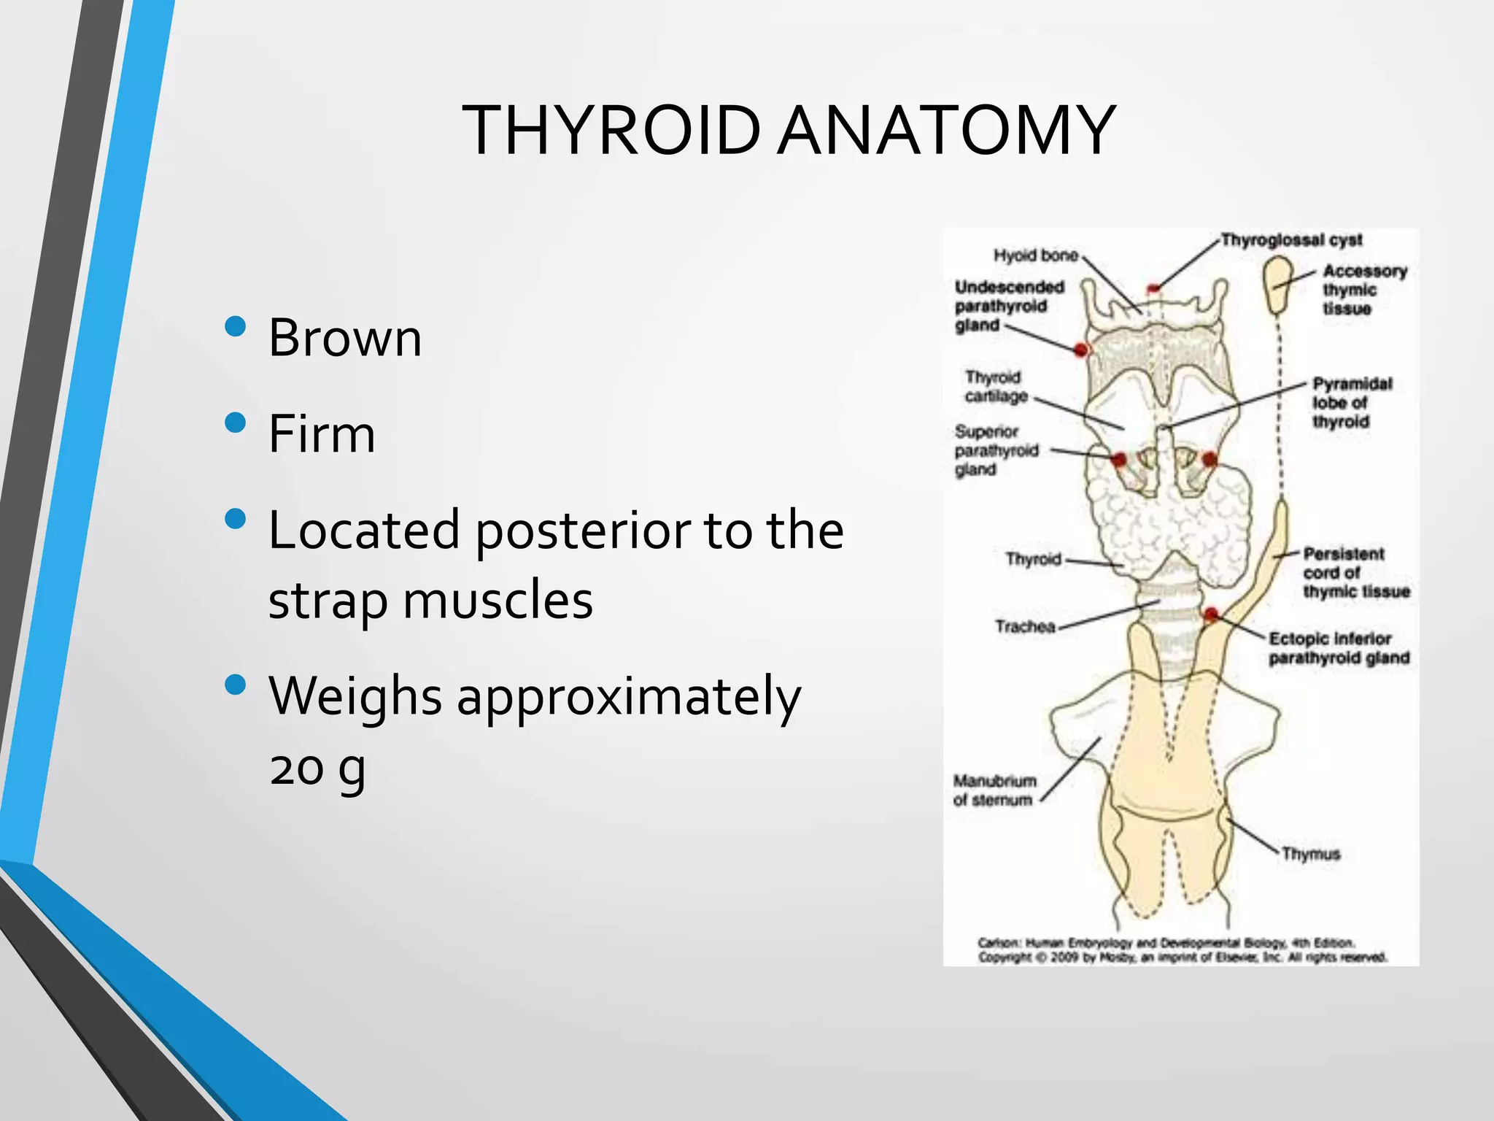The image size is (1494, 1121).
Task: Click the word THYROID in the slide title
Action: click(611, 131)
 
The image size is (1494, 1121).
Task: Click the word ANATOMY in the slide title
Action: click(945, 131)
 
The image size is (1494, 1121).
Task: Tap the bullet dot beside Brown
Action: click(236, 325)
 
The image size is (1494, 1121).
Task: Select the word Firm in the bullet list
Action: click(322, 434)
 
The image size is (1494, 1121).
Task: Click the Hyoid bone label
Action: click(1035, 255)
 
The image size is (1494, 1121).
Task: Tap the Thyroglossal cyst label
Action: click(1291, 240)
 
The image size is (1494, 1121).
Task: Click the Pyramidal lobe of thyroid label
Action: click(1351, 403)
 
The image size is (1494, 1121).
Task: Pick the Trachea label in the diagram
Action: click(1025, 626)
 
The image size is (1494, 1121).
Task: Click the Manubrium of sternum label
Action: click(994, 790)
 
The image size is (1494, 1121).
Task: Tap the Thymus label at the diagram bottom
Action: click(1311, 854)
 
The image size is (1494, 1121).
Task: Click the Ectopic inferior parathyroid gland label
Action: click(1338, 649)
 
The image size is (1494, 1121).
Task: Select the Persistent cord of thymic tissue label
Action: click(1355, 573)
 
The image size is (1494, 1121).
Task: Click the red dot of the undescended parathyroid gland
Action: click(1081, 350)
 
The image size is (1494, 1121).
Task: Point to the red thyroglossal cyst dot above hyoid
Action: click(1153, 289)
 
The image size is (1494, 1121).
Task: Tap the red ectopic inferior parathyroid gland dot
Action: click(1211, 614)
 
